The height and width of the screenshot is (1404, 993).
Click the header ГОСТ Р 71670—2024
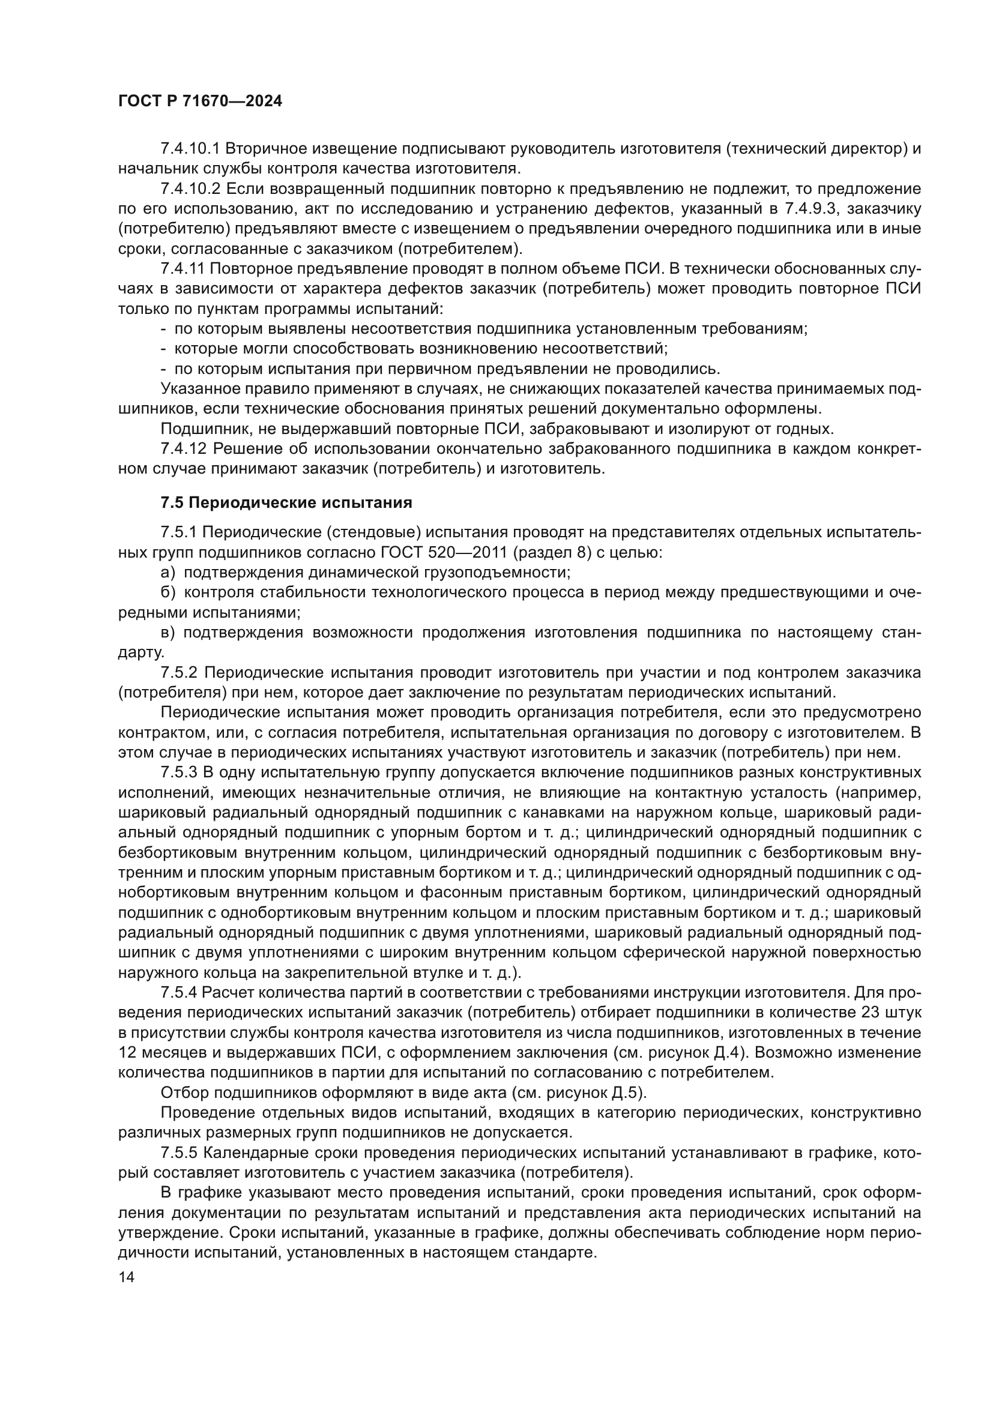tap(200, 101)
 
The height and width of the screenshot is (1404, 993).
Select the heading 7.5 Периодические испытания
tap(286, 502)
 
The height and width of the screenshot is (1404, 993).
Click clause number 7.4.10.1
tap(189, 149)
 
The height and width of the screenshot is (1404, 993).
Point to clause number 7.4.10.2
tap(189, 189)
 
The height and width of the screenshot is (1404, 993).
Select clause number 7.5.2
tap(178, 673)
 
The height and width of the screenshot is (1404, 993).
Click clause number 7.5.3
tap(178, 773)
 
